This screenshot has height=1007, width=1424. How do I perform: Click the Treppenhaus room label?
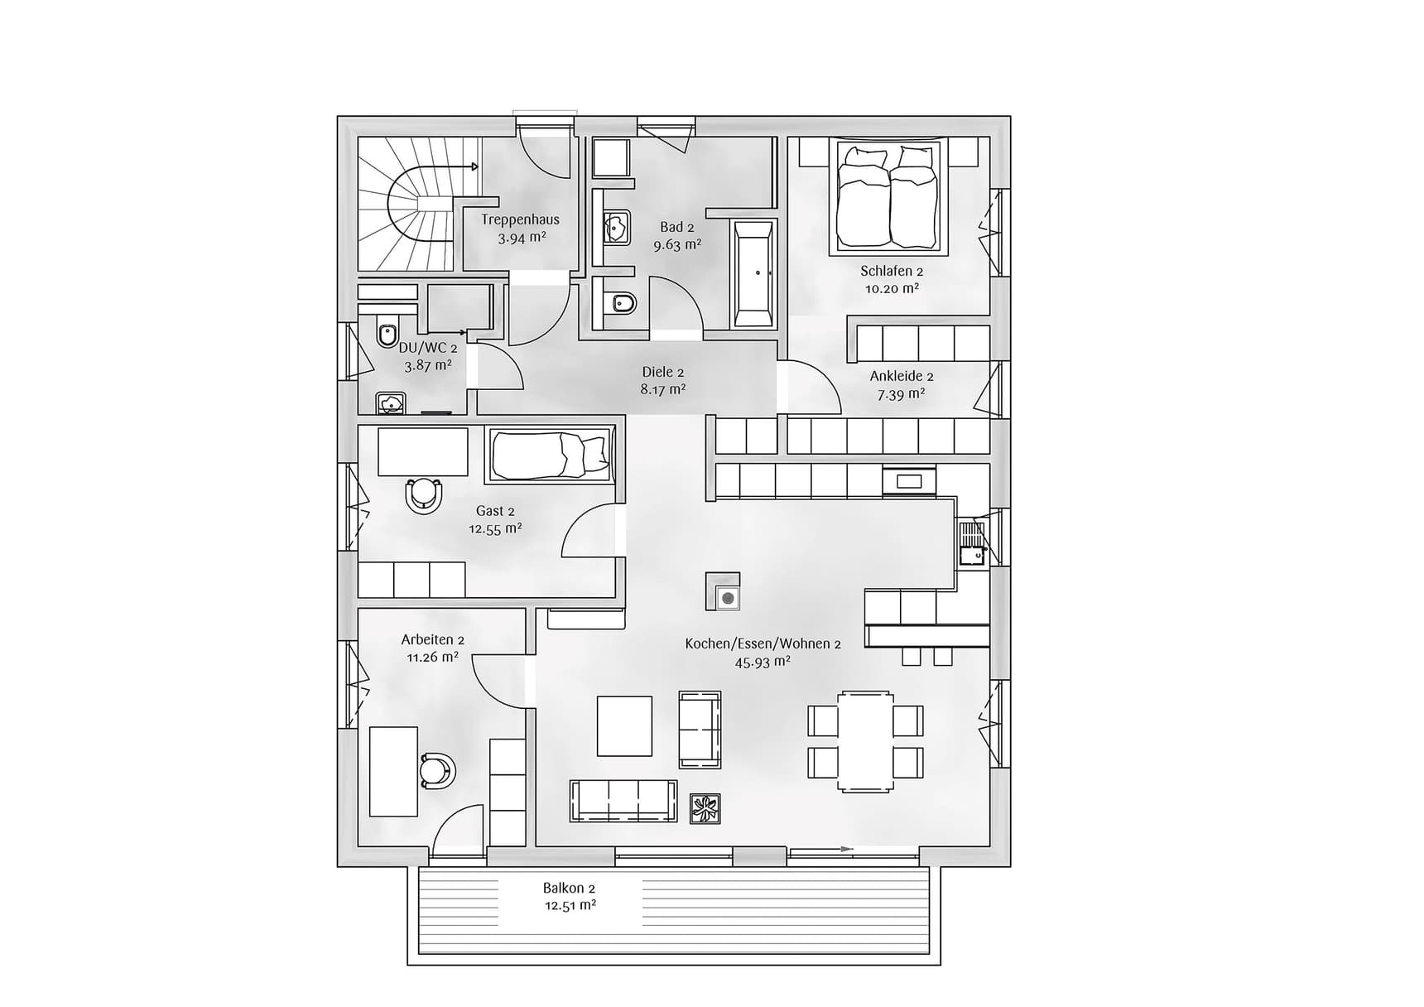520,219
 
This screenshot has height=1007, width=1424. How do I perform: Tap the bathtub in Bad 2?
753,274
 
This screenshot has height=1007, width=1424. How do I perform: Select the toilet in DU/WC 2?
387,333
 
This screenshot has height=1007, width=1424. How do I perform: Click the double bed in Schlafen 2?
889,197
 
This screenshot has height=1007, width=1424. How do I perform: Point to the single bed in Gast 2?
550,454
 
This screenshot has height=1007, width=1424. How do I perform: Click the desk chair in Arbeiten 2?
436,770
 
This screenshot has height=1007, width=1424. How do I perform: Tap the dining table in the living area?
865,741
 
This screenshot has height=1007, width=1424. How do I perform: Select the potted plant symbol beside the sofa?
705,808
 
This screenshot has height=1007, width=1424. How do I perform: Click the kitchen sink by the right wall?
972,542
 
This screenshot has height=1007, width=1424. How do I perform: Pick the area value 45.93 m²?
762,662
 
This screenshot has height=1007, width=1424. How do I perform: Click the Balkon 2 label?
569,888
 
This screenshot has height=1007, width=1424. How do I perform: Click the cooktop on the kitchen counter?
909,480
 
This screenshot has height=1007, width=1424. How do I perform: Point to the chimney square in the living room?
723,591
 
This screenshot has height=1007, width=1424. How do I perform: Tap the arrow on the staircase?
474,166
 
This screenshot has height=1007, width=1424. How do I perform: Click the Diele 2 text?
662,372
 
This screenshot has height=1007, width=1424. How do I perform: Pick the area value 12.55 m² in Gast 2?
495,529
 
